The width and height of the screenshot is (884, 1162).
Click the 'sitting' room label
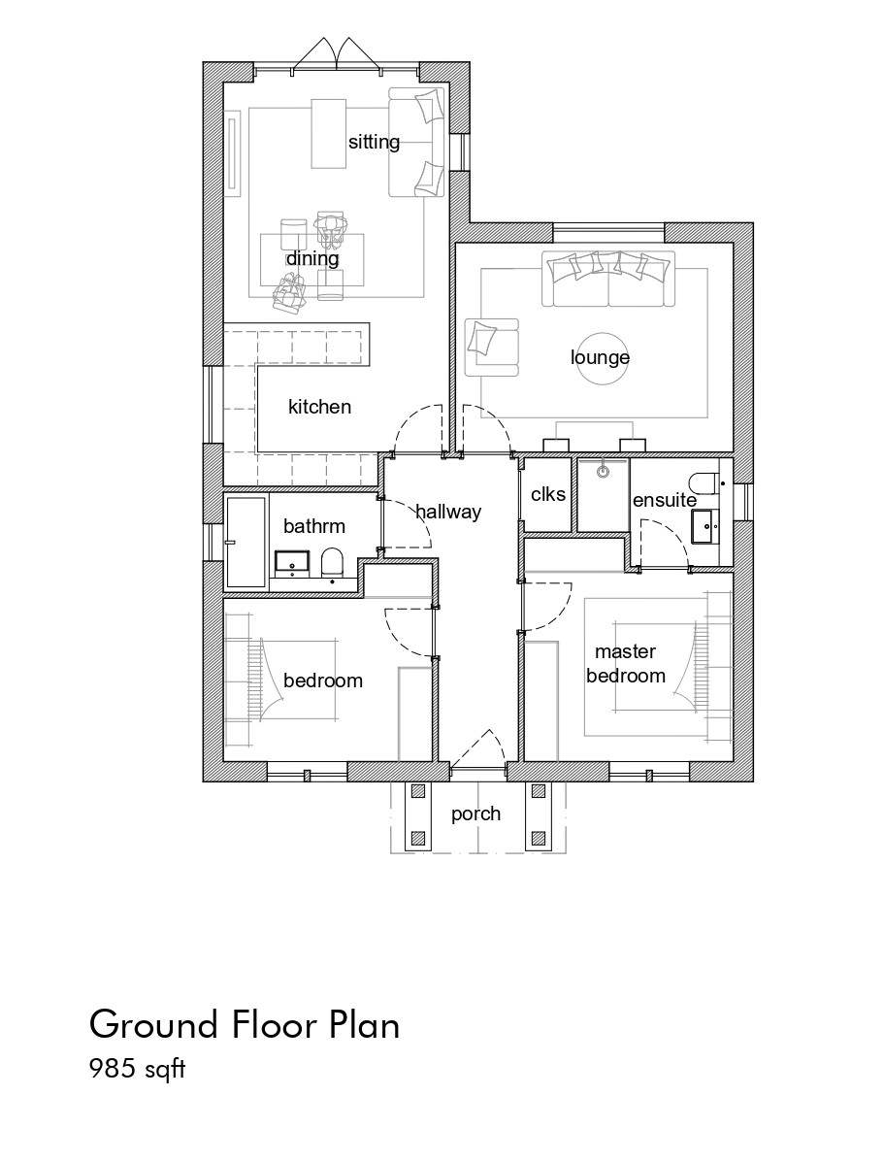click(374, 142)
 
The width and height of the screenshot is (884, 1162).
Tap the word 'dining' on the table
click(311, 258)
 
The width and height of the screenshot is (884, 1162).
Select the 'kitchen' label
click(319, 406)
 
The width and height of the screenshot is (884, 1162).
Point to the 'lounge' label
click(600, 357)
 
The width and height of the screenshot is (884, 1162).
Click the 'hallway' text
click(448, 512)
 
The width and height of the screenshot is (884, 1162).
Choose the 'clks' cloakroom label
click(547, 494)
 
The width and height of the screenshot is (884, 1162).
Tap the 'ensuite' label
click(665, 500)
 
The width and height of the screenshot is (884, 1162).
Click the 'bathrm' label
click(314, 526)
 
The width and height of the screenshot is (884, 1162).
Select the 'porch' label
click(475, 813)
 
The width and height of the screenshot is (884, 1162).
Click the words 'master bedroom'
click(625, 663)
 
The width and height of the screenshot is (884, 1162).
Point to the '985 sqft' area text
click(137, 1069)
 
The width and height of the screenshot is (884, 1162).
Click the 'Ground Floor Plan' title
click(245, 1025)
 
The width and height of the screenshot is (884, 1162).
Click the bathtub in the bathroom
click(246, 543)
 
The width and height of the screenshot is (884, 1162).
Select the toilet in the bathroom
click(332, 562)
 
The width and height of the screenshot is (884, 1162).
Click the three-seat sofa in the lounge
click(608, 279)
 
